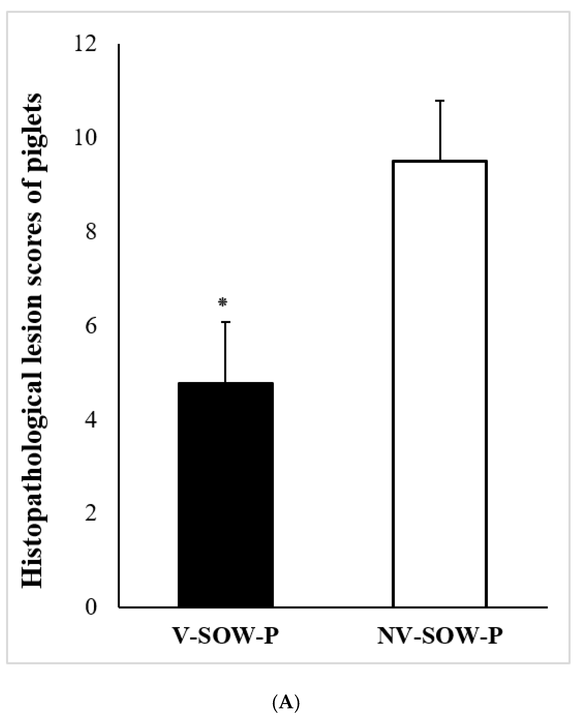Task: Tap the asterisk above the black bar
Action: [223, 302]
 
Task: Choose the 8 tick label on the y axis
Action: [91, 232]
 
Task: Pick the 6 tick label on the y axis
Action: [91, 326]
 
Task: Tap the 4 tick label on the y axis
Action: [91, 420]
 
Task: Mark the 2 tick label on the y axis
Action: [91, 514]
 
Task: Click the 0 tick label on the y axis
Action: [91, 608]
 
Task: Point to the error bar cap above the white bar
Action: [440, 100]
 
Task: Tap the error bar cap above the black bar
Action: [225, 322]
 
